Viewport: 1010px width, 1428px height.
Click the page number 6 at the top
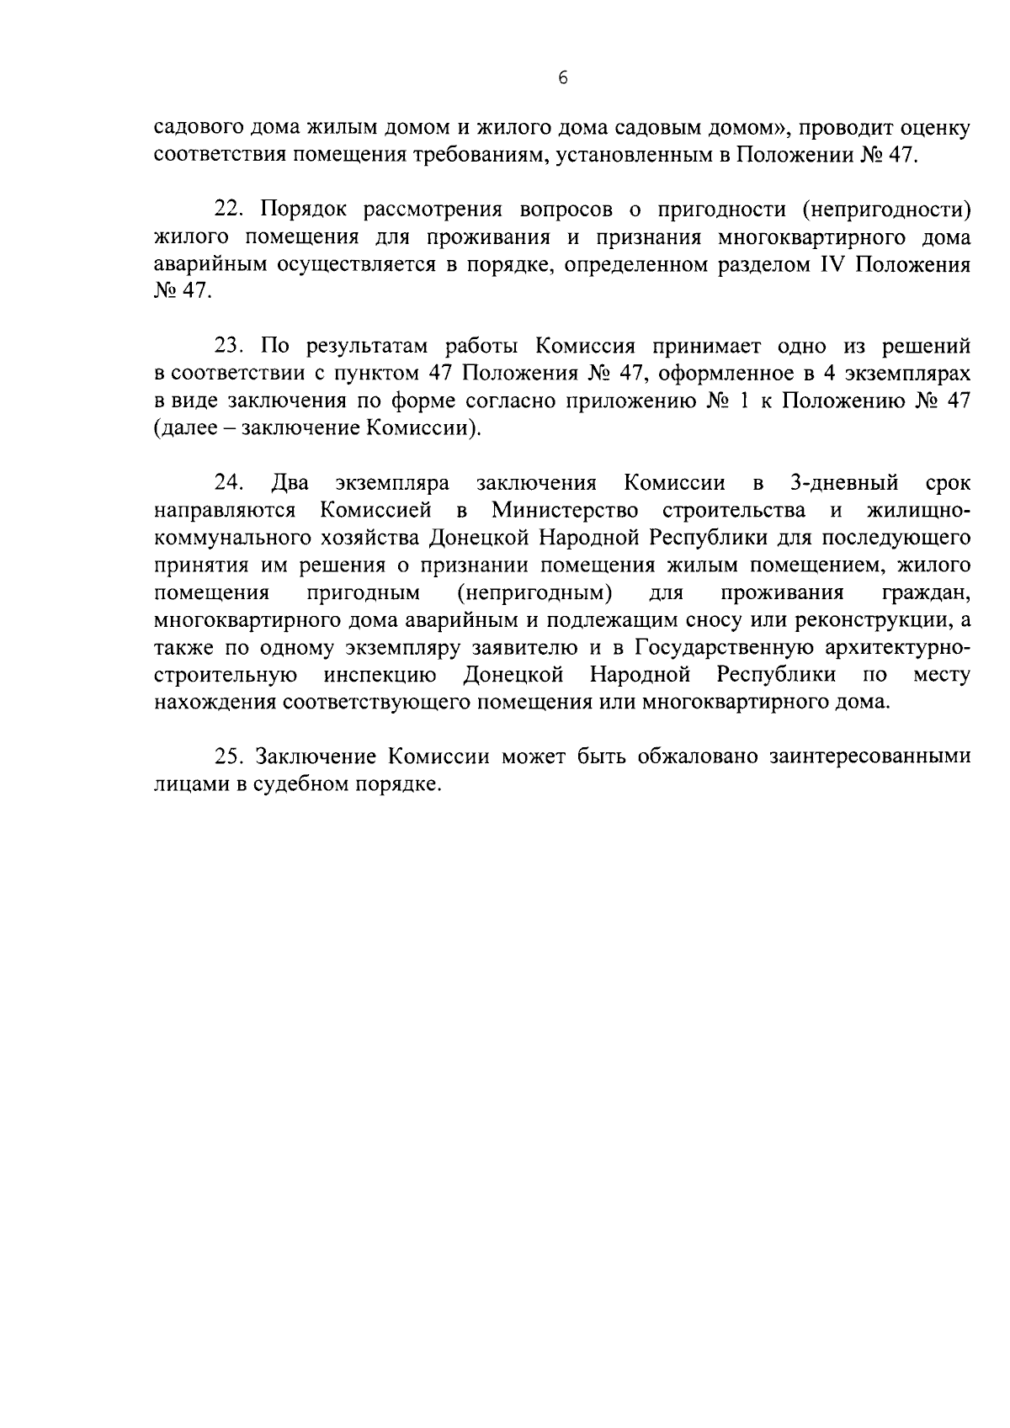[563, 78]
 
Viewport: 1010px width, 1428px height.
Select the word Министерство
[565, 510]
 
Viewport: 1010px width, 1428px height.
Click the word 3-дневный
[844, 483]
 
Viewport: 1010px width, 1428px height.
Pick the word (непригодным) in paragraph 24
[534, 592]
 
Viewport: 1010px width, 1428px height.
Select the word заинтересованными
[869, 756]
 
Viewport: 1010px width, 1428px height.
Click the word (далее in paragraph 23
[189, 428]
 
